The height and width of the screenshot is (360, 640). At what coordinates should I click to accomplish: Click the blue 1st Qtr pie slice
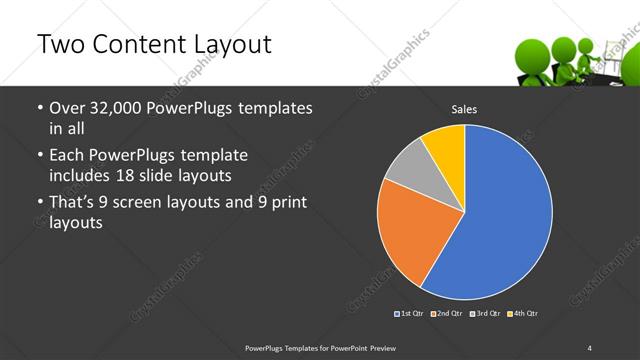505,215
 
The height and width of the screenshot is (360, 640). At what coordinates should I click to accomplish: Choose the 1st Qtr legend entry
411,314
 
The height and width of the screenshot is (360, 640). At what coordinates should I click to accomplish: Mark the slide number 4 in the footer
589,347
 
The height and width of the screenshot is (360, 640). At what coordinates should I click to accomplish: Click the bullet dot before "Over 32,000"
39,108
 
